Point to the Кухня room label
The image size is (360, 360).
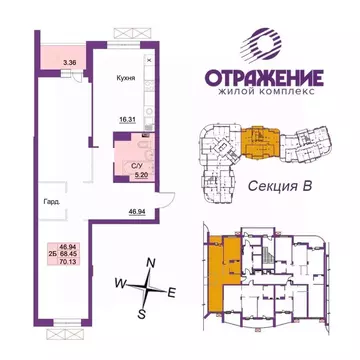[x=124, y=59]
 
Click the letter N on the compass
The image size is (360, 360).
[x=151, y=262]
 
